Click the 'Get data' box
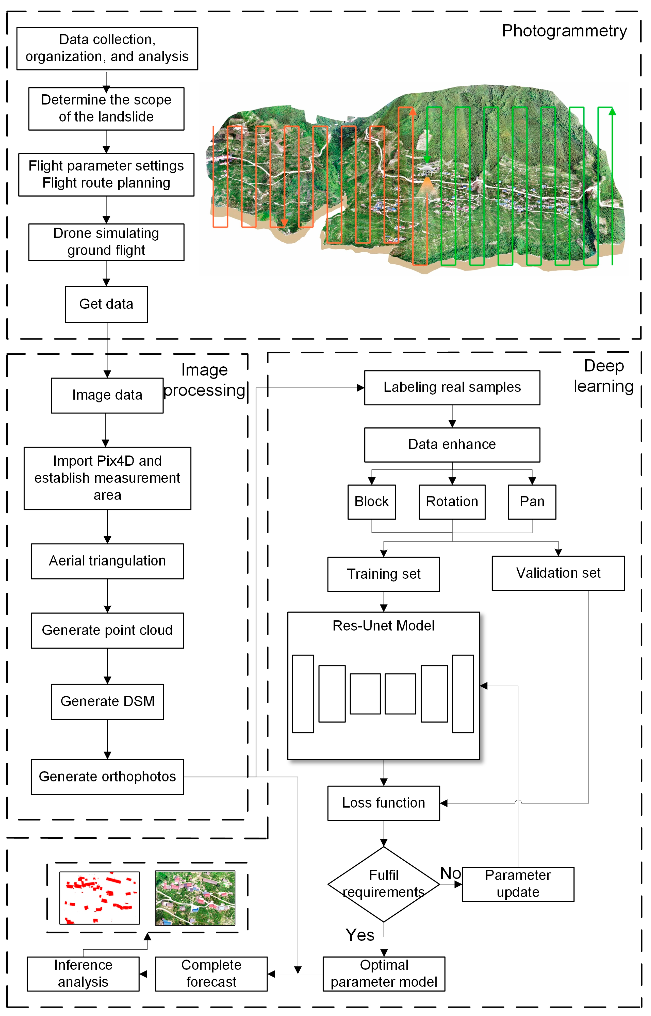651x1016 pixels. click(106, 304)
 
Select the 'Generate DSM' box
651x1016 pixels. click(107, 701)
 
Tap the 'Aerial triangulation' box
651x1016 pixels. click(107, 561)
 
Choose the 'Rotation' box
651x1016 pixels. click(452, 502)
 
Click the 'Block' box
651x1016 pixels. click(371, 502)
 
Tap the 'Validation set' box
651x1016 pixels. click(558, 573)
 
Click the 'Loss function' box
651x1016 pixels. click(384, 803)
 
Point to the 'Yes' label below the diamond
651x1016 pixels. click(360, 935)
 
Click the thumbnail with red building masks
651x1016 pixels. click(99, 898)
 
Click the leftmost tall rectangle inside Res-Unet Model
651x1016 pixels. click(303, 694)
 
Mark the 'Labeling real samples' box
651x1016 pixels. click(452, 388)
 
